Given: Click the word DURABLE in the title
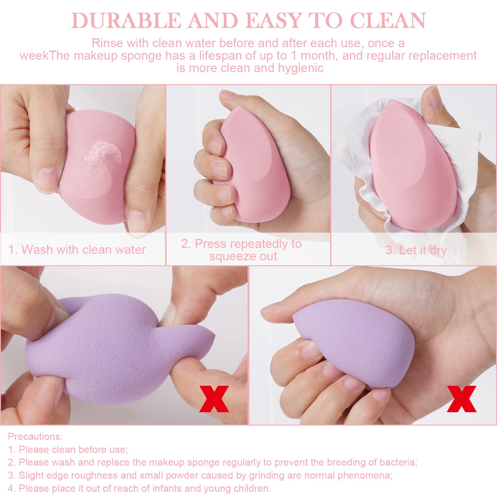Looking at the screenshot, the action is coord(126,21).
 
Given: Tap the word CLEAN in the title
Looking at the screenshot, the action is coord(388,21).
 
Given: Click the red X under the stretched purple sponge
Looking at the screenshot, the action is coord(214,399).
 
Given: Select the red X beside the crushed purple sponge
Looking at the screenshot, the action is coord(462,399).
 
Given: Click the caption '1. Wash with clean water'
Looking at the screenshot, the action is coord(77,250).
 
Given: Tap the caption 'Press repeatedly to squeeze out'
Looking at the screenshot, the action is coord(242,250).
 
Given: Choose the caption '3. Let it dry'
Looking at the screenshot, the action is coord(416,250).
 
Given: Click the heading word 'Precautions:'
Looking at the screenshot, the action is coord(35,436).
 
